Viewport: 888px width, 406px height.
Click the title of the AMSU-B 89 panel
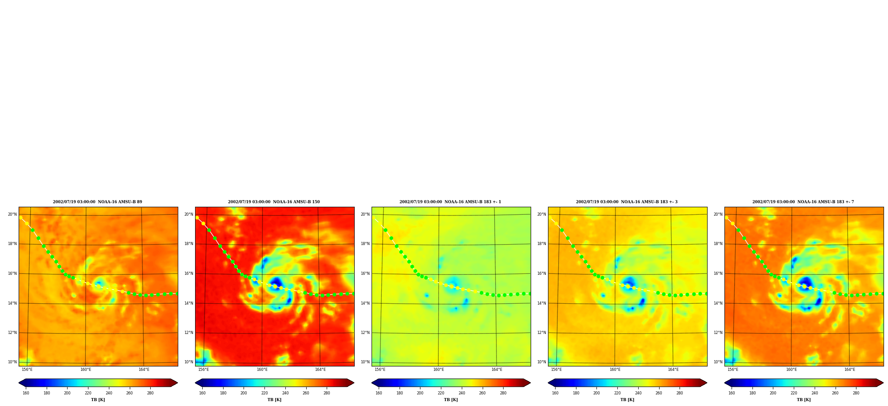coord(98,202)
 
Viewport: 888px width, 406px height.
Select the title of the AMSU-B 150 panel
coord(274,202)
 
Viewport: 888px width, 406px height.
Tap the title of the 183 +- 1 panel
coord(450,202)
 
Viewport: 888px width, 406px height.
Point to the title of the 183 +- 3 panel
coord(627,202)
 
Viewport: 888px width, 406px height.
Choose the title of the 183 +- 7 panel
coord(803,202)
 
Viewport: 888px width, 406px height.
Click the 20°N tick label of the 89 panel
coord(12,214)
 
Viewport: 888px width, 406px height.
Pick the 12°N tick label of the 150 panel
coord(189,333)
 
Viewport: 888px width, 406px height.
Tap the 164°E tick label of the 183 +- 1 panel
coord(497,370)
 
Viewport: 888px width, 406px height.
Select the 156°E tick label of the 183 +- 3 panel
coord(556,370)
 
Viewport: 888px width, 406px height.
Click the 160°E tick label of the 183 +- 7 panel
coord(792,370)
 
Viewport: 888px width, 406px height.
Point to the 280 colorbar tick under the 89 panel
coord(150,393)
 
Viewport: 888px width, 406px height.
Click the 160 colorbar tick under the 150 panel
coord(202,393)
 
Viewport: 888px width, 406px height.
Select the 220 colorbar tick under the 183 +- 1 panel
coord(441,393)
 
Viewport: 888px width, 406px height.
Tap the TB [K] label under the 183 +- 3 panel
coord(627,400)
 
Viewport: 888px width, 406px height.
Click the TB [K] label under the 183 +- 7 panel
coord(804,400)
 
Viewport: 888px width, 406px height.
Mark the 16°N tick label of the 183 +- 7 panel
coord(718,273)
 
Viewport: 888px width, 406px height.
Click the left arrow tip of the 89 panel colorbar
coord(19,383)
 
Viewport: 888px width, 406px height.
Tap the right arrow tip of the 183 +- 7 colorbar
coord(883,383)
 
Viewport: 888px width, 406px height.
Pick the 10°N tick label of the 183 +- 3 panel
coord(542,362)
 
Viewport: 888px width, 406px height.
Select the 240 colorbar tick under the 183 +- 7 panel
coord(815,393)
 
